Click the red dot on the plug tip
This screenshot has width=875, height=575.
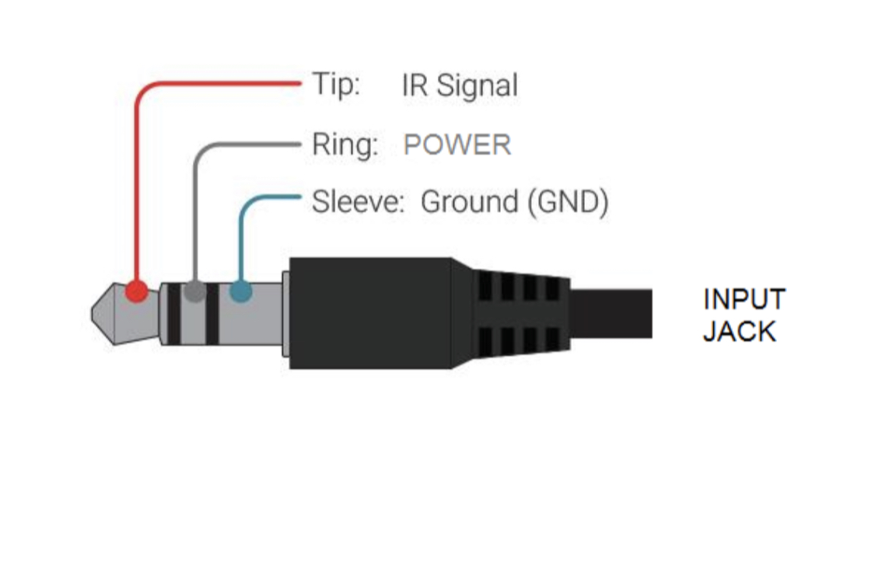coord(137,292)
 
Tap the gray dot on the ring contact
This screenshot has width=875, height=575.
coord(195,292)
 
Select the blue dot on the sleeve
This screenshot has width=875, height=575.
coord(241,293)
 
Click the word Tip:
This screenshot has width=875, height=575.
coord(336,84)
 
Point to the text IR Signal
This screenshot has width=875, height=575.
coord(459,85)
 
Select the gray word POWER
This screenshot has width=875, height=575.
coord(457,145)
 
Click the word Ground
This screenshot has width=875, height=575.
coord(469,202)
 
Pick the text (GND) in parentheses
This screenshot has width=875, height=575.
coord(567,202)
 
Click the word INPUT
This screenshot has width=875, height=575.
coord(744,299)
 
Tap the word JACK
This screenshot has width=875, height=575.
coord(739,332)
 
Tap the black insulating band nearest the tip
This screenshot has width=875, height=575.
coord(173,315)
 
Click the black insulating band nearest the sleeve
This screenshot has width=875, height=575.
coord(212,315)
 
